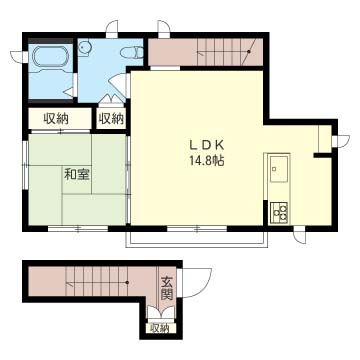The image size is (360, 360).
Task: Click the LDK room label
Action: pyautogui.click(x=206, y=145)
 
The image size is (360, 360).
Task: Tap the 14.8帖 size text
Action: pyautogui.click(x=206, y=161)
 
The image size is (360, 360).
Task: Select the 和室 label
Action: pyautogui.click(x=77, y=175)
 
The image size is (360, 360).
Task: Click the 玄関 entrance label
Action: pyautogui.click(x=167, y=288)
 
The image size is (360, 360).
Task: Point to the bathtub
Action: pyautogui.click(x=50, y=57)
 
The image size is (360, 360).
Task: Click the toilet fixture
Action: pyautogui.click(x=132, y=53)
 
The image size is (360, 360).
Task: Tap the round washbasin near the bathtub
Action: pyautogui.click(x=84, y=48)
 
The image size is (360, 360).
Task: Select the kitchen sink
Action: pyautogui.click(x=279, y=169)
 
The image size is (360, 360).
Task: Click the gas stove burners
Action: pyautogui.click(x=279, y=212)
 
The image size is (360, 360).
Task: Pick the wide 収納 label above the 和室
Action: pyautogui.click(x=56, y=118)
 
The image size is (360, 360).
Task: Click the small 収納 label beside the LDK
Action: pyautogui.click(x=111, y=118)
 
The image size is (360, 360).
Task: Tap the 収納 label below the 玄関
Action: pyautogui.click(x=159, y=328)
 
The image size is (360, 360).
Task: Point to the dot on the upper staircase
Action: pyautogui.click(x=249, y=52)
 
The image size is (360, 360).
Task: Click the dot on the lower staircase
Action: pyautogui.click(x=127, y=283)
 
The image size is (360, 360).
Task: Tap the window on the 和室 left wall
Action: pyautogui.click(x=25, y=165)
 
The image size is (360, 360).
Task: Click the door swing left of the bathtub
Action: pyautogui.click(x=17, y=57)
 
